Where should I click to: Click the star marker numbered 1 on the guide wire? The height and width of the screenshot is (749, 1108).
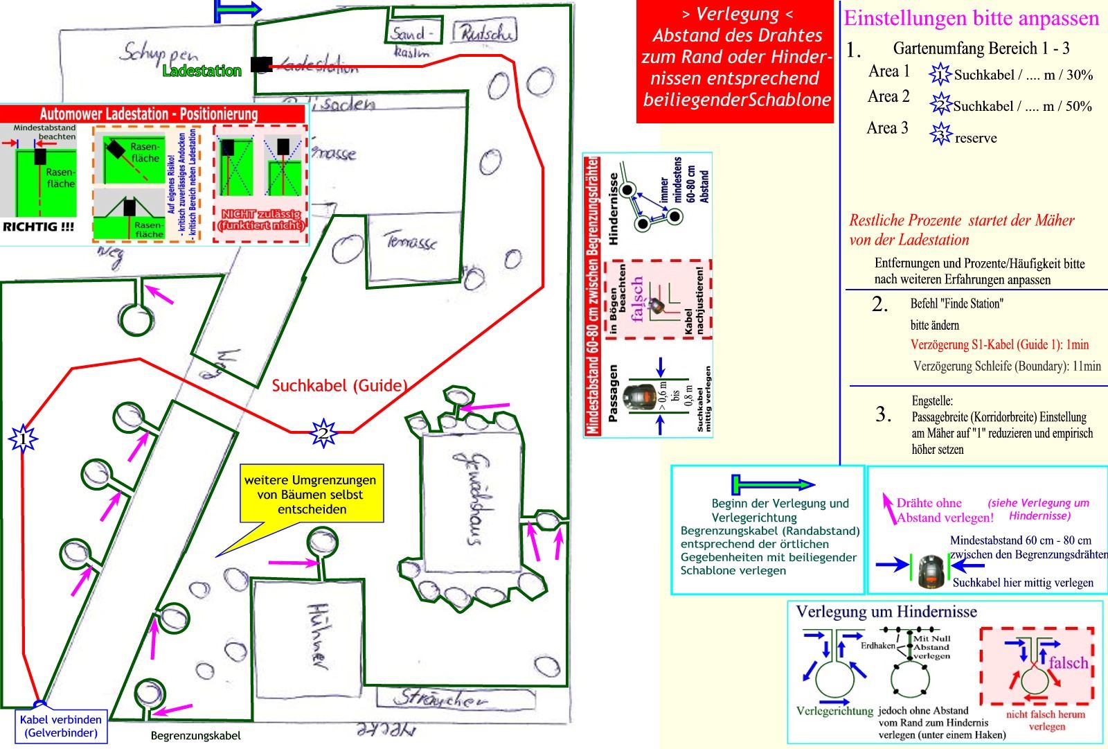pos(24,438)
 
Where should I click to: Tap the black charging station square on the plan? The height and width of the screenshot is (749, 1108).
pos(261,64)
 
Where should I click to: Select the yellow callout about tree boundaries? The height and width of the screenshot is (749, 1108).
pos(310,494)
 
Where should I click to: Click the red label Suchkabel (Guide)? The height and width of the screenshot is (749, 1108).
pos(339,386)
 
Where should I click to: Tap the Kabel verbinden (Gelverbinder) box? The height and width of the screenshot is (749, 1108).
pos(61,726)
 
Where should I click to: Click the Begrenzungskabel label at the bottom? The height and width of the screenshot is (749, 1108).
pos(196,736)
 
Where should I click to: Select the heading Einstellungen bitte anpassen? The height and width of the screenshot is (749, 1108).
pos(971,19)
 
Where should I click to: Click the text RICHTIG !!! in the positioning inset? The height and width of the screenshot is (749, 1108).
pos(39,227)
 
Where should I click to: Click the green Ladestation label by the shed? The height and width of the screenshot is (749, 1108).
pos(202,71)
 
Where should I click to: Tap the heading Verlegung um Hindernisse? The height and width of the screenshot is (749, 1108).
pos(886,612)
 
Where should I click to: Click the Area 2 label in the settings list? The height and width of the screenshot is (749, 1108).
pos(888,96)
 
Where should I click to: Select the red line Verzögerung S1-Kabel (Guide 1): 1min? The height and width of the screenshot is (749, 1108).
pos(999,344)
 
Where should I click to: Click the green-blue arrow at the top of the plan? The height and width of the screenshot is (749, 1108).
pos(238,10)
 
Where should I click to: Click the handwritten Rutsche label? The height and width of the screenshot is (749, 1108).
pos(485,33)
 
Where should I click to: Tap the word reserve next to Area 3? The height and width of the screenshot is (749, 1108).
pos(976,138)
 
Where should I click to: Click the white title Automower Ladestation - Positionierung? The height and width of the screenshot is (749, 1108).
pos(149,114)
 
